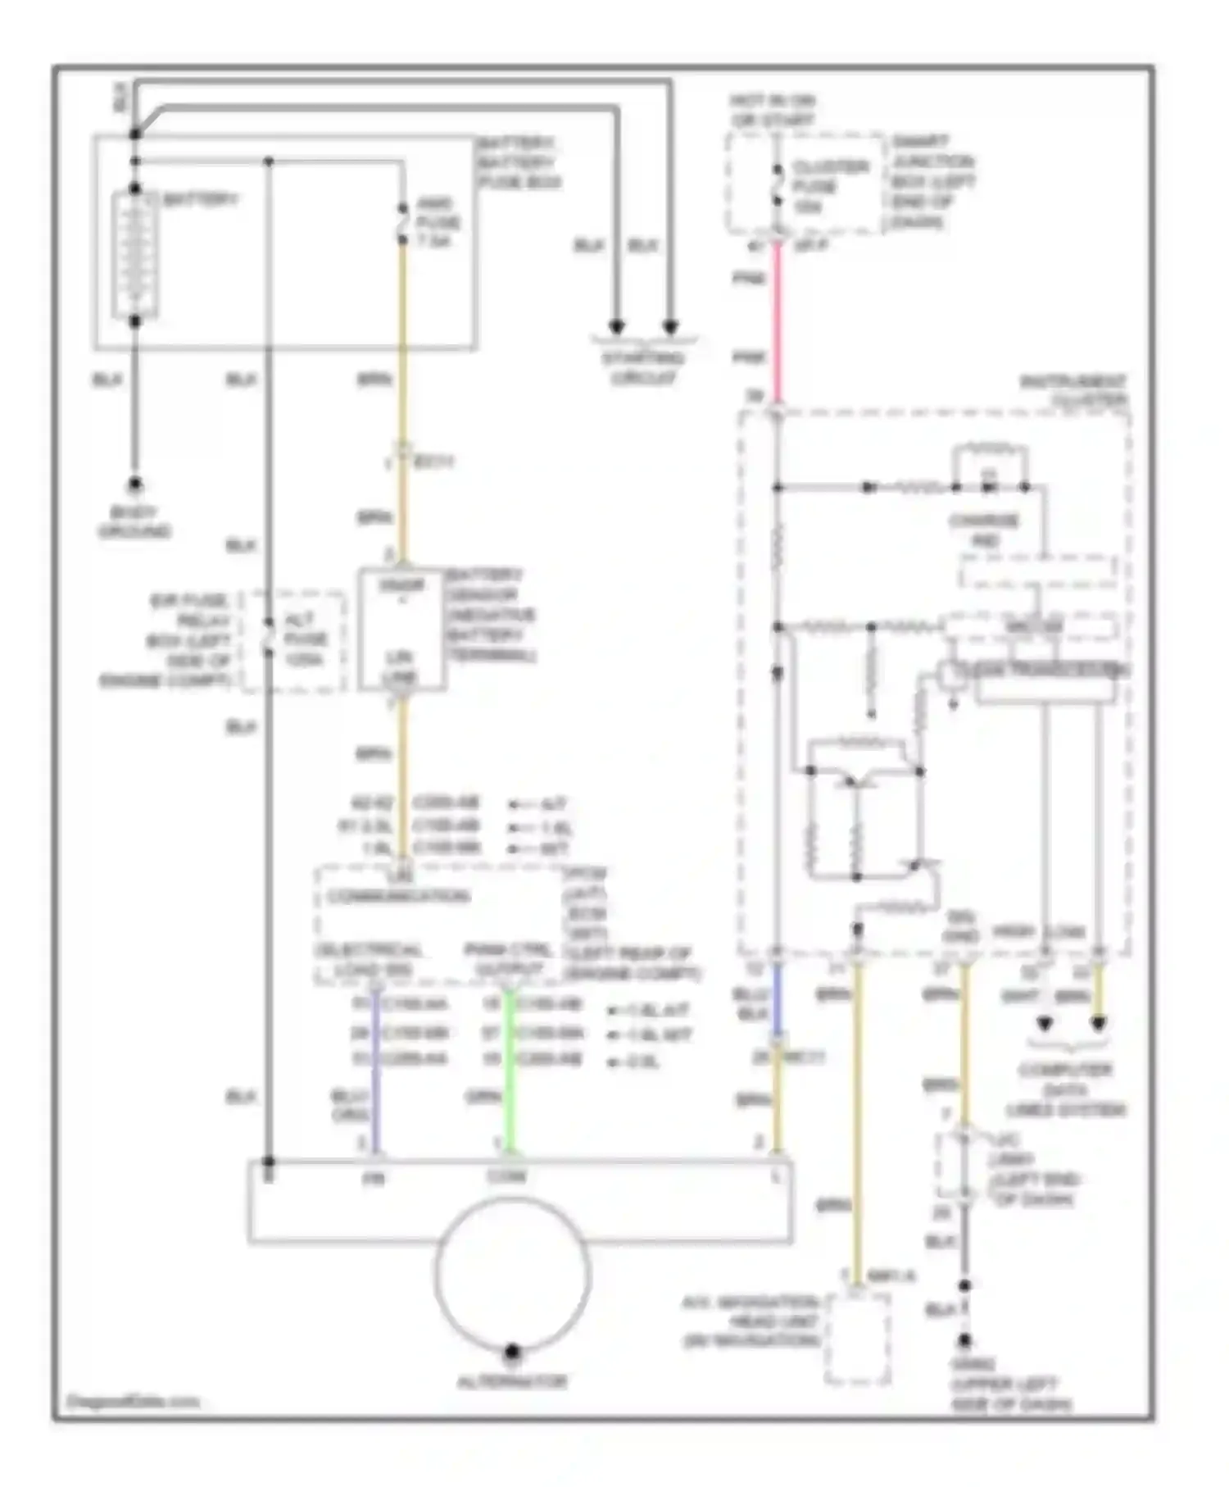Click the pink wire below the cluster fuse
[777, 320]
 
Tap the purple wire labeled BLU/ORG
[375, 1066]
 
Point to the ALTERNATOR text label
[512, 1381]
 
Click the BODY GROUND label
[134, 522]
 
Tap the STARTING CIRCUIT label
[643, 368]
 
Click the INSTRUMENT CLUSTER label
[1073, 391]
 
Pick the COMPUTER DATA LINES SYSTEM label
[1065, 1090]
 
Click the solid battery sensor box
[401, 630]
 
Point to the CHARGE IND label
[984, 530]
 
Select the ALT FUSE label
[305, 639]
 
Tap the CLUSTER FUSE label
[829, 187]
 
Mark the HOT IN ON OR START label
[773, 111]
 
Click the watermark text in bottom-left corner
[132, 1401]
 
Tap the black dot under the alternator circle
[512, 1351]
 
